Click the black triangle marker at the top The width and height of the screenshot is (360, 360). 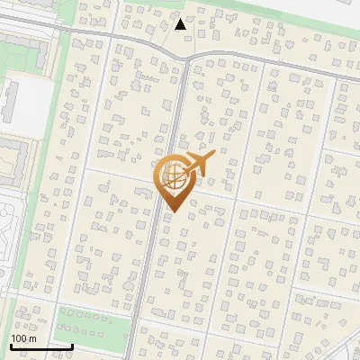tap(181, 24)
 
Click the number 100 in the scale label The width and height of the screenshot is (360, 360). tap(19, 338)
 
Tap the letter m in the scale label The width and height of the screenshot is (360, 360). tap(32, 338)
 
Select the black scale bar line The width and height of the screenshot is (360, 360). tap(40, 346)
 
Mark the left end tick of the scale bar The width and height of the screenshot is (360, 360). tap(10, 344)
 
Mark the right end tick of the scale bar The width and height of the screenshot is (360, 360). tap(72, 344)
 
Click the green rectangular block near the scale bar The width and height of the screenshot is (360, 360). tap(90, 328)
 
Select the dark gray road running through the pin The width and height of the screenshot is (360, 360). tap(153, 261)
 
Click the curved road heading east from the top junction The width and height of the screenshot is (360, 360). tap(270, 61)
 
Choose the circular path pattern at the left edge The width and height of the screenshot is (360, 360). tap(7, 225)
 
